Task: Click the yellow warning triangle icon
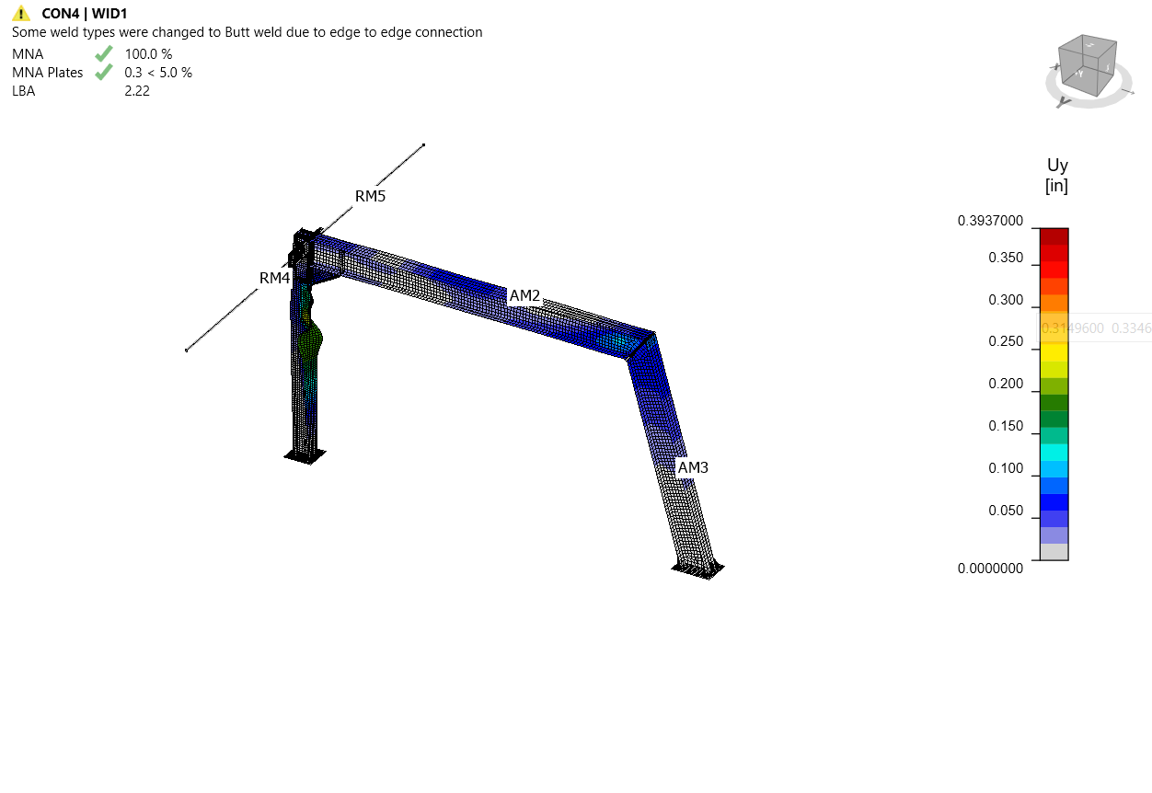point(21,14)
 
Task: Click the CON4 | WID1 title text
point(84,14)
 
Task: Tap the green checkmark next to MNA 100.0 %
point(104,53)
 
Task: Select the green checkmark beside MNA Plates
point(104,72)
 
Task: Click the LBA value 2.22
point(137,90)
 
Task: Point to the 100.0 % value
point(148,53)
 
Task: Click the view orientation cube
point(1088,66)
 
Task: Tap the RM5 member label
point(370,196)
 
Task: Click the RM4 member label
point(274,277)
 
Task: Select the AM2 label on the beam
point(524,295)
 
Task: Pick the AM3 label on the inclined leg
point(693,467)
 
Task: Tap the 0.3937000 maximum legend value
point(990,221)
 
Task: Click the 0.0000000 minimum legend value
point(990,569)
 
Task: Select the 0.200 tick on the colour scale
point(1005,384)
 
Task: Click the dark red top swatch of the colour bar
point(1054,236)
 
